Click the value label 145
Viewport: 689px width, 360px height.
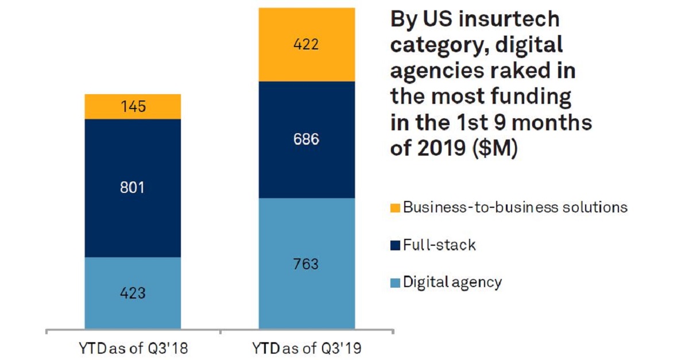(133, 107)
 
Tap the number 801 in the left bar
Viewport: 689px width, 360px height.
(133, 188)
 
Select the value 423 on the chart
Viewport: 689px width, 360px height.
(133, 293)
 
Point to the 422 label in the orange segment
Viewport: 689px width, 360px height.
(306, 44)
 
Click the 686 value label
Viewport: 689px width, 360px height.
(306, 140)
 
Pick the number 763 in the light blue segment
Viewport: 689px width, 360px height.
(306, 265)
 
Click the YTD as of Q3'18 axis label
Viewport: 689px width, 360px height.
(133, 348)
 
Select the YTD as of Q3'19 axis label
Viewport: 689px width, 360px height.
(307, 348)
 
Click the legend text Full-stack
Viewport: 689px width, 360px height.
(439, 245)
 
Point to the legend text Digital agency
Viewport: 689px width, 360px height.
(452, 282)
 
